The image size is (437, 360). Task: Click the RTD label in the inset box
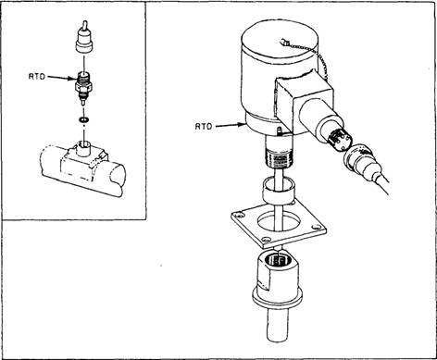click(x=37, y=77)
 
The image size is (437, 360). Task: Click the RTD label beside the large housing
click(x=204, y=126)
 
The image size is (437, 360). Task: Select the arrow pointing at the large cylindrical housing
click(x=231, y=125)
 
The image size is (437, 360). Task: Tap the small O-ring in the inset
click(x=83, y=119)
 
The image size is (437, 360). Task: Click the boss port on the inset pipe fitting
click(x=83, y=148)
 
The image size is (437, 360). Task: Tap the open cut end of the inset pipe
click(x=118, y=174)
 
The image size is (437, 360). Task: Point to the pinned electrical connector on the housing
click(x=340, y=140)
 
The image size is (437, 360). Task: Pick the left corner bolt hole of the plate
click(x=238, y=215)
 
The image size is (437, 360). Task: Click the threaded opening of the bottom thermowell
click(x=280, y=260)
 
